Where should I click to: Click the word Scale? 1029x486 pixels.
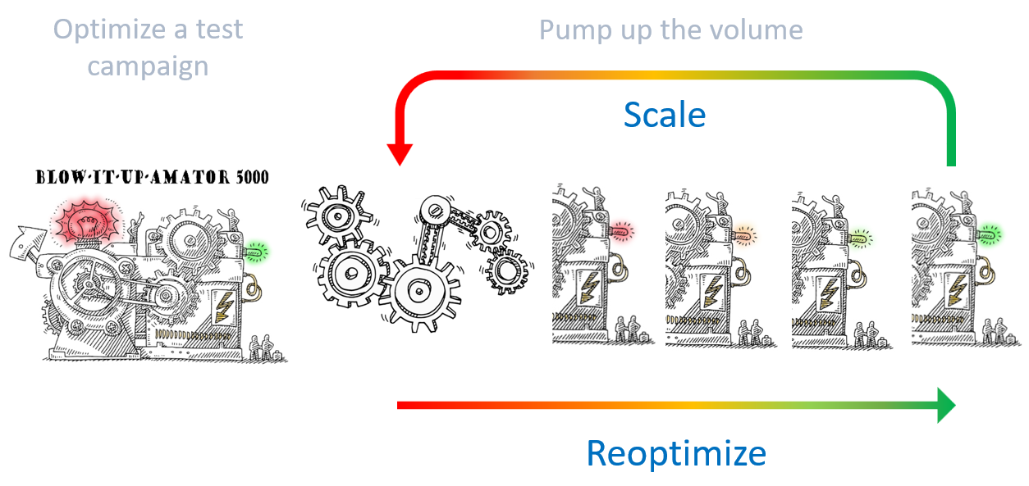pyautogui.click(x=665, y=114)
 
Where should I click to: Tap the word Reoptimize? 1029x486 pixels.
pyautogui.click(x=676, y=454)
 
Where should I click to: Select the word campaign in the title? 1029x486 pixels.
pyautogui.click(x=148, y=67)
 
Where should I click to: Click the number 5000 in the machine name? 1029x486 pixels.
pyautogui.click(x=252, y=177)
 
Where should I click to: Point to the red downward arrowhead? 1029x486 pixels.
pyautogui.click(x=400, y=155)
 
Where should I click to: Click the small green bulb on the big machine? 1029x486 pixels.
pyautogui.click(x=256, y=252)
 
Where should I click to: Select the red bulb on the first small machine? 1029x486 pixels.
pyautogui.click(x=620, y=231)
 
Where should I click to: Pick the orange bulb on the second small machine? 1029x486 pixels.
pyautogui.click(x=744, y=236)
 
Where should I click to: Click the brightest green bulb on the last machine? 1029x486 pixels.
pyautogui.click(x=989, y=235)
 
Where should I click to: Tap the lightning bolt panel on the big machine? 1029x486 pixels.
pyautogui.click(x=224, y=306)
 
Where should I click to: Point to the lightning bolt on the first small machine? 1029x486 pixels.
pyautogui.click(x=589, y=288)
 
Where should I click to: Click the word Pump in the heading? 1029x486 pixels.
pyautogui.click(x=575, y=31)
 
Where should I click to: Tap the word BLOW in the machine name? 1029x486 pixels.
pyautogui.click(x=60, y=177)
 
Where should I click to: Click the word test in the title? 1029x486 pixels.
pyautogui.click(x=219, y=30)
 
